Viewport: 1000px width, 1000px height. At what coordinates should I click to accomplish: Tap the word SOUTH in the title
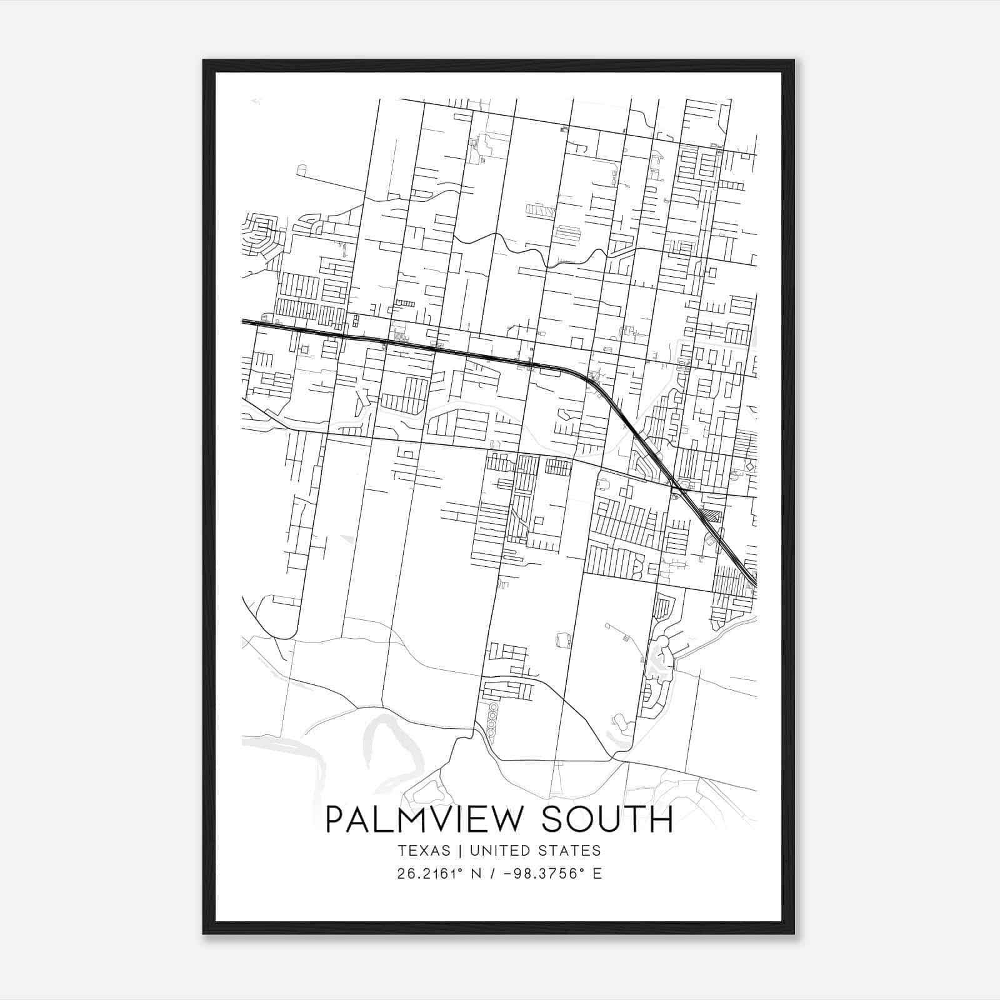(x=607, y=819)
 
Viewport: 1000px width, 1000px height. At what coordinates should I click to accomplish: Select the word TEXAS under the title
(x=423, y=851)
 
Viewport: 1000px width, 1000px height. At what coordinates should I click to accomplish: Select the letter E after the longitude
(x=597, y=874)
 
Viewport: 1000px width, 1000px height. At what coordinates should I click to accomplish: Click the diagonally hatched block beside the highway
(x=711, y=516)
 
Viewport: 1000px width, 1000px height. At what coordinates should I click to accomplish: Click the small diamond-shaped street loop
(x=749, y=464)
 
